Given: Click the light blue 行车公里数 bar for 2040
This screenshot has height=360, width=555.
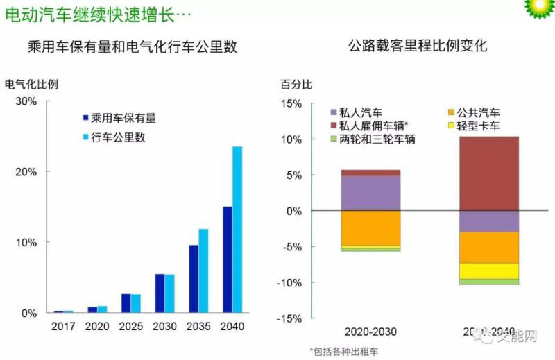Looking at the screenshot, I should click(237, 230).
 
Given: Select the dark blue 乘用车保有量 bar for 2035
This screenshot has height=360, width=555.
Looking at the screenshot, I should click(194, 279).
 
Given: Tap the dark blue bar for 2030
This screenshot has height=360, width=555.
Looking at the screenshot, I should click(159, 293).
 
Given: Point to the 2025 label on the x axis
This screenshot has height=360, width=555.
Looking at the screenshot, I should click(130, 325).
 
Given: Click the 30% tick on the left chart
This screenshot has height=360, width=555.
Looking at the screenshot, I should click(26, 101).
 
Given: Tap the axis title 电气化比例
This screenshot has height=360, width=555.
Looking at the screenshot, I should click(31, 85).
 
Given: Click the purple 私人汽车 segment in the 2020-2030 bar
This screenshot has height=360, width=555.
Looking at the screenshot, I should click(370, 193).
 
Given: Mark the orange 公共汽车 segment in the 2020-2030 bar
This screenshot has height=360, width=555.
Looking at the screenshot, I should click(370, 228).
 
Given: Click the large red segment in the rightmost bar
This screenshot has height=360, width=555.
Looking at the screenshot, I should click(489, 173).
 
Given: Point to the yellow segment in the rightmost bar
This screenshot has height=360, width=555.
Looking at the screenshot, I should click(489, 271).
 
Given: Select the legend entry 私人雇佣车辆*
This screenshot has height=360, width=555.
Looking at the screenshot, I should click(374, 126).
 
